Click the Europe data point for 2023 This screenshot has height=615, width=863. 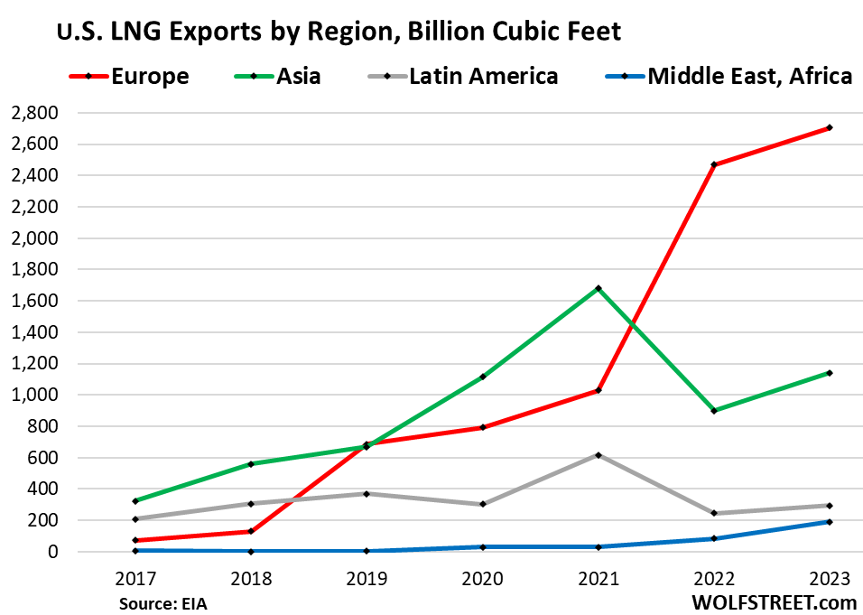[829, 127]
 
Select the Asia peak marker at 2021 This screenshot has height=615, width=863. [598, 289]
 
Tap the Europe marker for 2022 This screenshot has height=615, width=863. [713, 164]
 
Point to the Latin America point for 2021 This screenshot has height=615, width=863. [598, 455]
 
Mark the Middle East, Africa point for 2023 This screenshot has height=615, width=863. [829, 522]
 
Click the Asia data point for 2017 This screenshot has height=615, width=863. [135, 500]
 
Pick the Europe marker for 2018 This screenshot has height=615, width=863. [251, 531]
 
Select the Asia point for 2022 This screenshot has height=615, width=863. [713, 411]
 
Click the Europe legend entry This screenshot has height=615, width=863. [150, 76]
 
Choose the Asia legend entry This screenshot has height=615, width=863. [297, 76]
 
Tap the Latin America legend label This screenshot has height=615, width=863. [483, 76]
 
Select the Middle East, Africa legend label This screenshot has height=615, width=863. [749, 76]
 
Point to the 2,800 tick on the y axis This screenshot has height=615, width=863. [33, 113]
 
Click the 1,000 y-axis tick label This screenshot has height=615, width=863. [33, 395]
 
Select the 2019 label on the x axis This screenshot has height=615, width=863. [366, 579]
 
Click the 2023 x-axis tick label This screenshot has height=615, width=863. [828, 579]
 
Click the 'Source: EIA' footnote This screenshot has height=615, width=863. [162, 602]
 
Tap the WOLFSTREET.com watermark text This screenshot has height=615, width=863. [779, 601]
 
